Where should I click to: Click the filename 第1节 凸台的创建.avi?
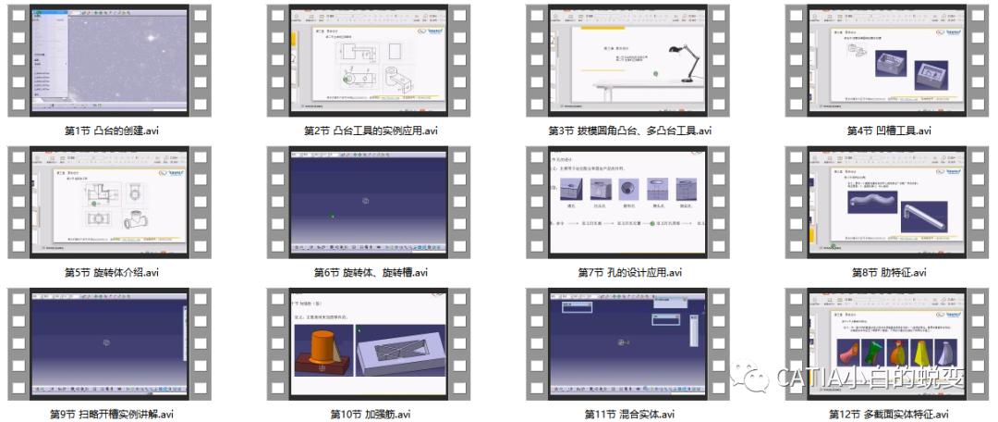pos(111,130)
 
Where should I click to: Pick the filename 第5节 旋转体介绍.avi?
pos(111,272)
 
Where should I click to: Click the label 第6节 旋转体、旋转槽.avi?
pos(371,272)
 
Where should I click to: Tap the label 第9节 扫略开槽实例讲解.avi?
pos(111,414)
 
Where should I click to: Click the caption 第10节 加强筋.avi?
pos(371,414)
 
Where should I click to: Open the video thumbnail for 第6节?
pos(370,201)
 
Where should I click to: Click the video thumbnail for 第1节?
pos(111,59)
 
